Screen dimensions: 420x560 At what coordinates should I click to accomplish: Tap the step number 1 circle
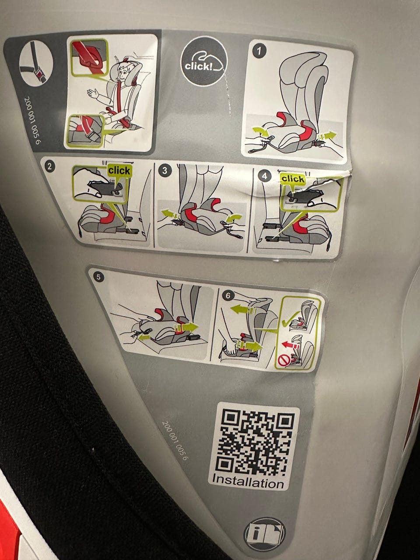(259, 51)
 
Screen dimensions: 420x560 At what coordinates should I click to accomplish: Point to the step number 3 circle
(164, 170)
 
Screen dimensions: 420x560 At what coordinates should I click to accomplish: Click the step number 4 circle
(264, 176)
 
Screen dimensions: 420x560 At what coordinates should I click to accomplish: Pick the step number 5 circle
(99, 277)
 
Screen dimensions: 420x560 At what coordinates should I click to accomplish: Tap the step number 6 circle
(228, 295)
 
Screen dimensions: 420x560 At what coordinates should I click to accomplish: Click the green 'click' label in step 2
(119, 171)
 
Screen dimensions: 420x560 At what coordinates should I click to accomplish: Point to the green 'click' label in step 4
(293, 179)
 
